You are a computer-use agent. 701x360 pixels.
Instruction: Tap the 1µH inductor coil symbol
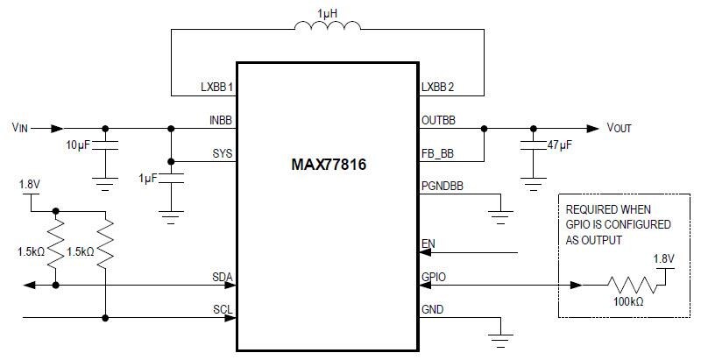327,30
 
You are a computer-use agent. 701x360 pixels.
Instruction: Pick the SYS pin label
223,154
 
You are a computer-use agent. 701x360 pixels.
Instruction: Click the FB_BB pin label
439,154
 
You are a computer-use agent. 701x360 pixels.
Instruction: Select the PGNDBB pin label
443,187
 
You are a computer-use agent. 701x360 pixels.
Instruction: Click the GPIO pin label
434,277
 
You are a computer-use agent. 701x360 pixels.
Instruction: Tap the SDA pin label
223,277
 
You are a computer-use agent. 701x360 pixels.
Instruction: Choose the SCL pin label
223,309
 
